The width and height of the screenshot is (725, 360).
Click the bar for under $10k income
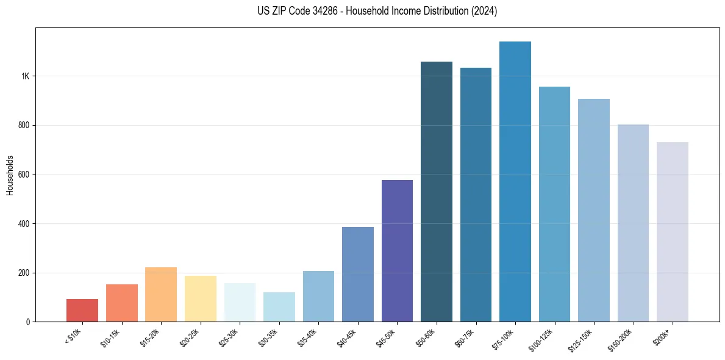(82, 311)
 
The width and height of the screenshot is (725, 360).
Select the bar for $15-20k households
(161, 295)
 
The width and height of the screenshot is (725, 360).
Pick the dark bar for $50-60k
(437, 192)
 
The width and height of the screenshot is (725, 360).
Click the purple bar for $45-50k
(397, 251)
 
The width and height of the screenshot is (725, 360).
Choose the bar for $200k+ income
(673, 232)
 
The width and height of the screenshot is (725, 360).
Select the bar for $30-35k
(279, 307)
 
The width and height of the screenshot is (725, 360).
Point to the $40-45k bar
(358, 274)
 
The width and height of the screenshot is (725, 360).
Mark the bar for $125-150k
(594, 211)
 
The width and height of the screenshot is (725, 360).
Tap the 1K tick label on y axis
(25, 76)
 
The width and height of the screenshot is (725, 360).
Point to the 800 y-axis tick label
(24, 126)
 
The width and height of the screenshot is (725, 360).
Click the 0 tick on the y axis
(27, 322)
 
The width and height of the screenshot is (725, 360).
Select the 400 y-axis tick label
(24, 224)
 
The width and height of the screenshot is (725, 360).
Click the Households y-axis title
(10, 175)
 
